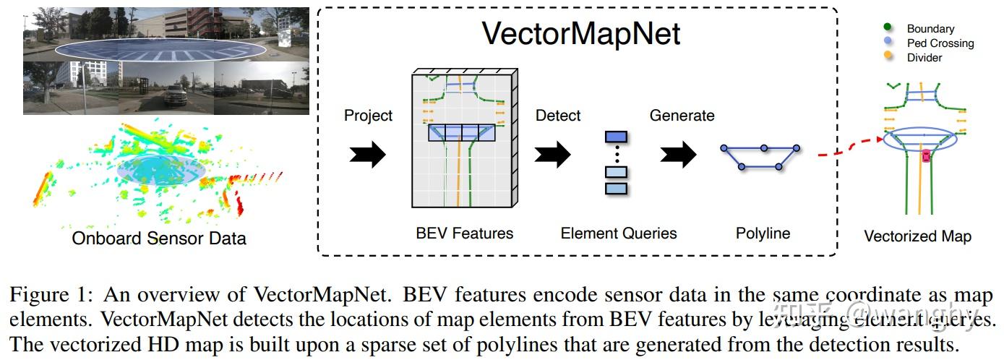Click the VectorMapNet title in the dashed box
(581, 33)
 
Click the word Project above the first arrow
(368, 116)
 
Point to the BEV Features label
(464, 233)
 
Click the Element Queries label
(618, 233)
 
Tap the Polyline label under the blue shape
(763, 233)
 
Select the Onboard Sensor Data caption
(159, 238)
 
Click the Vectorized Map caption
(917, 236)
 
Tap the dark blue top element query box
(616, 136)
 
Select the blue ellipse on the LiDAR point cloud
(160, 168)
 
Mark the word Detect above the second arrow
(557, 116)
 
